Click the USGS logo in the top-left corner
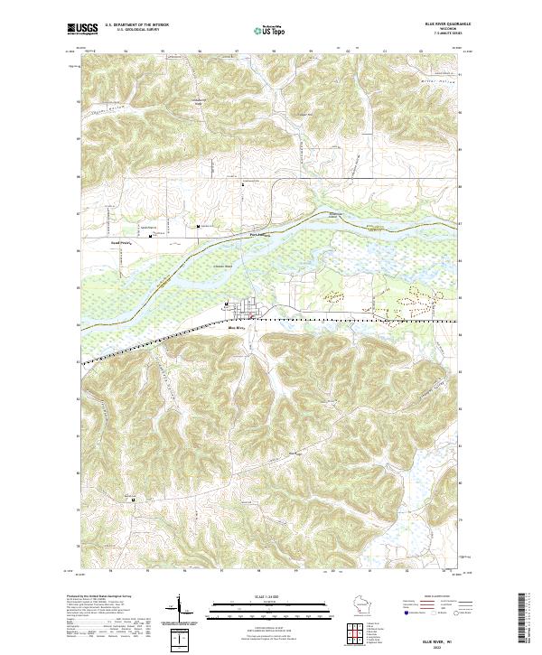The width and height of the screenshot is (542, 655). (79, 28)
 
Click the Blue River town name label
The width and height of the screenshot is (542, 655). (237, 328)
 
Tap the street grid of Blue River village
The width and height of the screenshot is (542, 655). (246, 313)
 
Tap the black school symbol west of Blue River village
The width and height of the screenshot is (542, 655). (226, 304)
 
